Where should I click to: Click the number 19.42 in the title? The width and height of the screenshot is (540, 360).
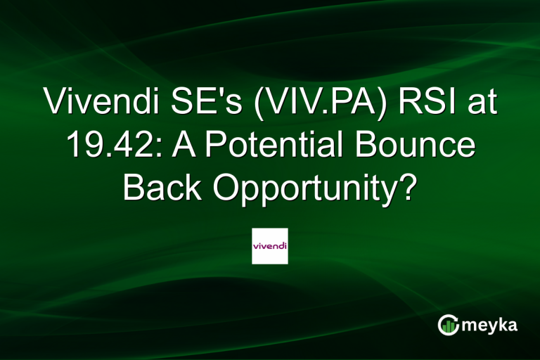tap(106, 146)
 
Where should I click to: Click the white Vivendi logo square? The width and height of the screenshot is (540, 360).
tap(270, 245)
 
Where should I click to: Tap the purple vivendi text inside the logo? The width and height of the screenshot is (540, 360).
tap(270, 246)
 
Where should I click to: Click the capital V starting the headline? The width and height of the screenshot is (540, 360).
tap(53, 104)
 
